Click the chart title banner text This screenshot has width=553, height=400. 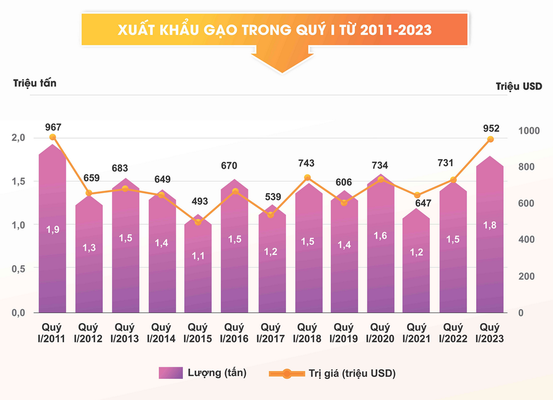coord(274,30)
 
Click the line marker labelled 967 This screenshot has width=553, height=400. coord(53,137)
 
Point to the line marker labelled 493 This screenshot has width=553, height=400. coord(198,222)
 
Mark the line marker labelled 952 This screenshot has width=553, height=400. coord(490,139)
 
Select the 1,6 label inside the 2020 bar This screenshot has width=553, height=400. coord(381,236)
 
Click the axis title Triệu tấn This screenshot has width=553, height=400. coord(35,83)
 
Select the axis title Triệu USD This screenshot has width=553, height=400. coord(519,86)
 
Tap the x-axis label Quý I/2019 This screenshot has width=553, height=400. coord(343,333)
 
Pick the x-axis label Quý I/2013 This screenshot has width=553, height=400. coord(125,333)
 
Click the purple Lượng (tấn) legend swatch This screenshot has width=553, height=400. coord(171,373)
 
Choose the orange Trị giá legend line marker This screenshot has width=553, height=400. coord(287,374)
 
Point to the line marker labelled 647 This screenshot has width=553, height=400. coord(417,195)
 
